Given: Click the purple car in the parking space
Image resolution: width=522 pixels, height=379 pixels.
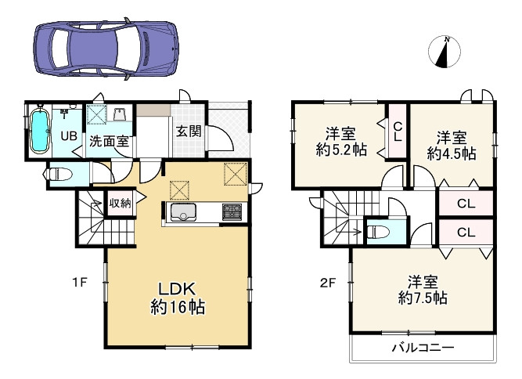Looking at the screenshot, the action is click(x=106, y=49).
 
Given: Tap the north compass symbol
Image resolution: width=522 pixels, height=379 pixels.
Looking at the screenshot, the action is click(x=444, y=52).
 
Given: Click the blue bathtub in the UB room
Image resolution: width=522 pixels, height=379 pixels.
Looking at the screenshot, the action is click(x=40, y=132).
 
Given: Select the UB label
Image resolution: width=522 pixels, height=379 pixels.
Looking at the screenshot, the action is click(x=69, y=136).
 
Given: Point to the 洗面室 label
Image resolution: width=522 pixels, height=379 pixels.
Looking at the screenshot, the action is click(x=110, y=141).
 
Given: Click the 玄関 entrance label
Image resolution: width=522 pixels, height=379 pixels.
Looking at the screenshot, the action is click(x=189, y=131).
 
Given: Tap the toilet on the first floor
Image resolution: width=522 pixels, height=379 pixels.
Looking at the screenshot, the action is click(x=58, y=174).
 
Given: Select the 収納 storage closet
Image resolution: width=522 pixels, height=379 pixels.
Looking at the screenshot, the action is click(x=121, y=203).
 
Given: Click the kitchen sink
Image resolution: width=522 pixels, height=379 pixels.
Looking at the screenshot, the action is click(x=183, y=211).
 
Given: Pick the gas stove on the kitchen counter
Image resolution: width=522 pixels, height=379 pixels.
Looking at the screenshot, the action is click(x=232, y=211).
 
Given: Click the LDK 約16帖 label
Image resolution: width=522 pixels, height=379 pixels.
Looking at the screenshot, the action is click(x=178, y=298).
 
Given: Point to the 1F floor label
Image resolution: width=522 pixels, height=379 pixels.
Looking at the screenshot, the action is click(x=80, y=283).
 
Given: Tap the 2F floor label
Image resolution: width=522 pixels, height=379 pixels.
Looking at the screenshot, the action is click(x=328, y=283).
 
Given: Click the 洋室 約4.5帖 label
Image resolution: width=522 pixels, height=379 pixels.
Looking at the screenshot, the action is click(x=452, y=146).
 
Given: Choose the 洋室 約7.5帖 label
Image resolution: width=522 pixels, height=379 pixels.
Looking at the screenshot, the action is click(x=423, y=290).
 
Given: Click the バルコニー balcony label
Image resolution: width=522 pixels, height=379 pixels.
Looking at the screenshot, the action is click(x=423, y=348).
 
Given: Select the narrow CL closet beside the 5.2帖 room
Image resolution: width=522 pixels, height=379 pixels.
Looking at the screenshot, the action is click(x=398, y=131).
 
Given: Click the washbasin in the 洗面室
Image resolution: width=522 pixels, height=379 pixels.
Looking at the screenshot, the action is click(x=119, y=114).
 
